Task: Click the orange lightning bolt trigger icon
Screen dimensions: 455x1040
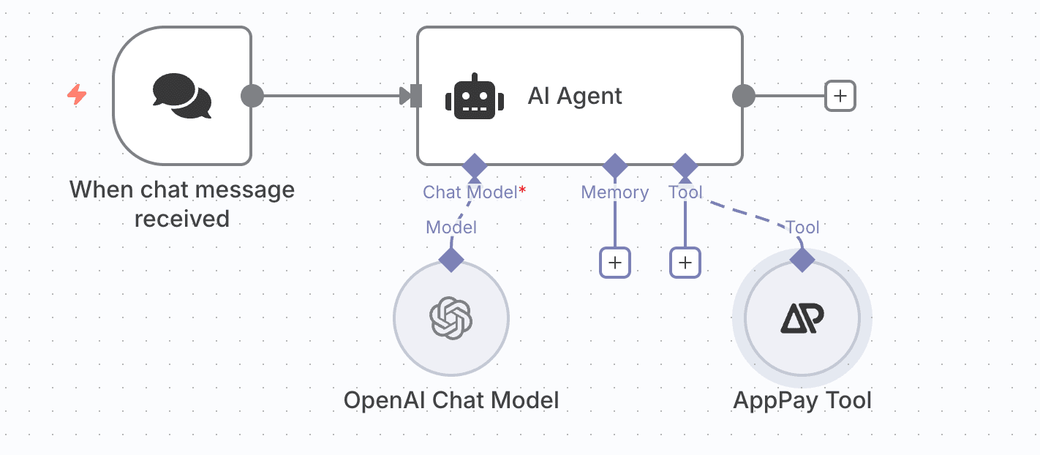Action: pos(77,95)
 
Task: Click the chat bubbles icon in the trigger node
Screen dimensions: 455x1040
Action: pos(181,96)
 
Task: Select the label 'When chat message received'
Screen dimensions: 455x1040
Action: pos(181,203)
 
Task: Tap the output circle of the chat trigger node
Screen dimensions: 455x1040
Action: pos(252,96)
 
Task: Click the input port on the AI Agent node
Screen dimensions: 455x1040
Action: pos(415,96)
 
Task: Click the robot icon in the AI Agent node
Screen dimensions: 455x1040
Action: pos(475,97)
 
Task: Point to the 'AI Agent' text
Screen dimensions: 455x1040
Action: pos(575,96)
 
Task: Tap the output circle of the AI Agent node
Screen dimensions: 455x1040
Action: pos(743,96)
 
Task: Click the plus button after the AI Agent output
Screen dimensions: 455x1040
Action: pos(840,96)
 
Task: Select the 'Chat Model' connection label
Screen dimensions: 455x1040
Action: pos(470,192)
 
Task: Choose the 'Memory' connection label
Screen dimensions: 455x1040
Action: pos(614,192)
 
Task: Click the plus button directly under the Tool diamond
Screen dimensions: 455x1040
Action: pos(685,263)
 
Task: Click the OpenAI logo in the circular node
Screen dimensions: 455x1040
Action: pos(451,317)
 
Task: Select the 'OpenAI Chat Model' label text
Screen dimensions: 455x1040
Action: pos(451,400)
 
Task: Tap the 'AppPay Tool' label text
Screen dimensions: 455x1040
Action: pos(802,400)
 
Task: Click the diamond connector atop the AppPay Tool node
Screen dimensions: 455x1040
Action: pos(802,260)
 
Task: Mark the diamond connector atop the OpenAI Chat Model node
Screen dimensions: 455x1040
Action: pos(451,260)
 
